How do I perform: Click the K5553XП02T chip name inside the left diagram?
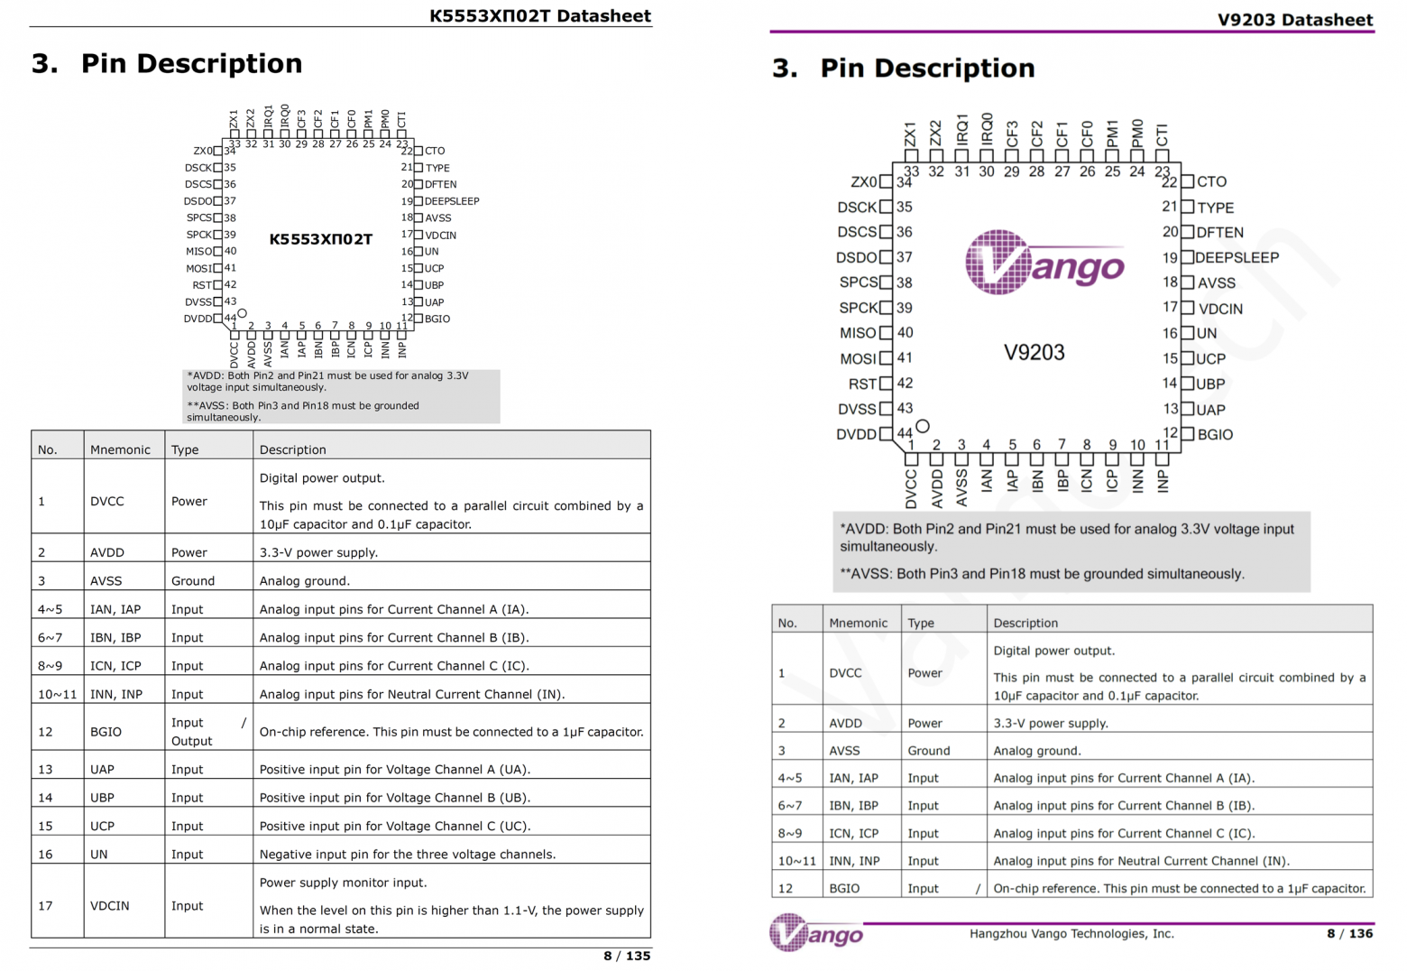pos(320,239)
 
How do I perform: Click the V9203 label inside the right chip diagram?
pos(1034,352)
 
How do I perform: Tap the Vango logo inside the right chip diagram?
pos(1044,263)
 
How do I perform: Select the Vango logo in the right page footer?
pos(815,933)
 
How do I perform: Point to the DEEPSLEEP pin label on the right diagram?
pos(1237,257)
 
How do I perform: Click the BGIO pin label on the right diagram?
pos(1215,434)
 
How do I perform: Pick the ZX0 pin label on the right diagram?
pos(863,181)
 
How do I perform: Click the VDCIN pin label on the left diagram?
pos(440,235)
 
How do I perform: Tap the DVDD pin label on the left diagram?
pos(198,319)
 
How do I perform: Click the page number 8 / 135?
pos(627,956)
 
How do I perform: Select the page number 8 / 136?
pos(1349,933)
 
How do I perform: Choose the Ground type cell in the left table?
pos(193,580)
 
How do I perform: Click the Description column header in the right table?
pos(1025,623)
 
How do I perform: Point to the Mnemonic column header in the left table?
pos(120,449)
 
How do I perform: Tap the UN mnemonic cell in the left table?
pos(99,854)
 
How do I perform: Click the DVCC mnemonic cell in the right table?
pos(845,672)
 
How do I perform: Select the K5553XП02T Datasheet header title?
pos(539,15)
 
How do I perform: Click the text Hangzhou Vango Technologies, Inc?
pos(1071,933)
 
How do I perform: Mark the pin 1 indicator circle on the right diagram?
pos(922,425)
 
